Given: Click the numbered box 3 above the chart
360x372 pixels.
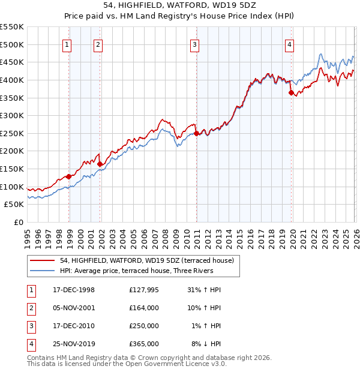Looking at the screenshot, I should pos(195,44).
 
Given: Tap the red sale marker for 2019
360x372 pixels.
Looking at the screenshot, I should pos(291,92).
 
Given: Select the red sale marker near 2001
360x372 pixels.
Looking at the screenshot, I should pos(100,164).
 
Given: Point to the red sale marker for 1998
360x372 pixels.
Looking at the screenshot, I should pos(69,176).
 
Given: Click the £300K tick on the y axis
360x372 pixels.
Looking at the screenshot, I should pos(12,115).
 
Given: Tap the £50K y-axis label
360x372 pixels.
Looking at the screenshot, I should pos(14,205).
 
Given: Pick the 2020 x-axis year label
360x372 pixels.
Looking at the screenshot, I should pos(292,237).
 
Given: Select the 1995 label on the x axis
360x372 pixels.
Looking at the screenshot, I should pos(28,237).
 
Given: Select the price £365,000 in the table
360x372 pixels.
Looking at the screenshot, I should pos(144,344).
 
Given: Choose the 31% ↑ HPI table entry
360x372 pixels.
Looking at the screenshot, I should pos(205,290).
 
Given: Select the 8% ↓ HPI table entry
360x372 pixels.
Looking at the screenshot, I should pos(206,344).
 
